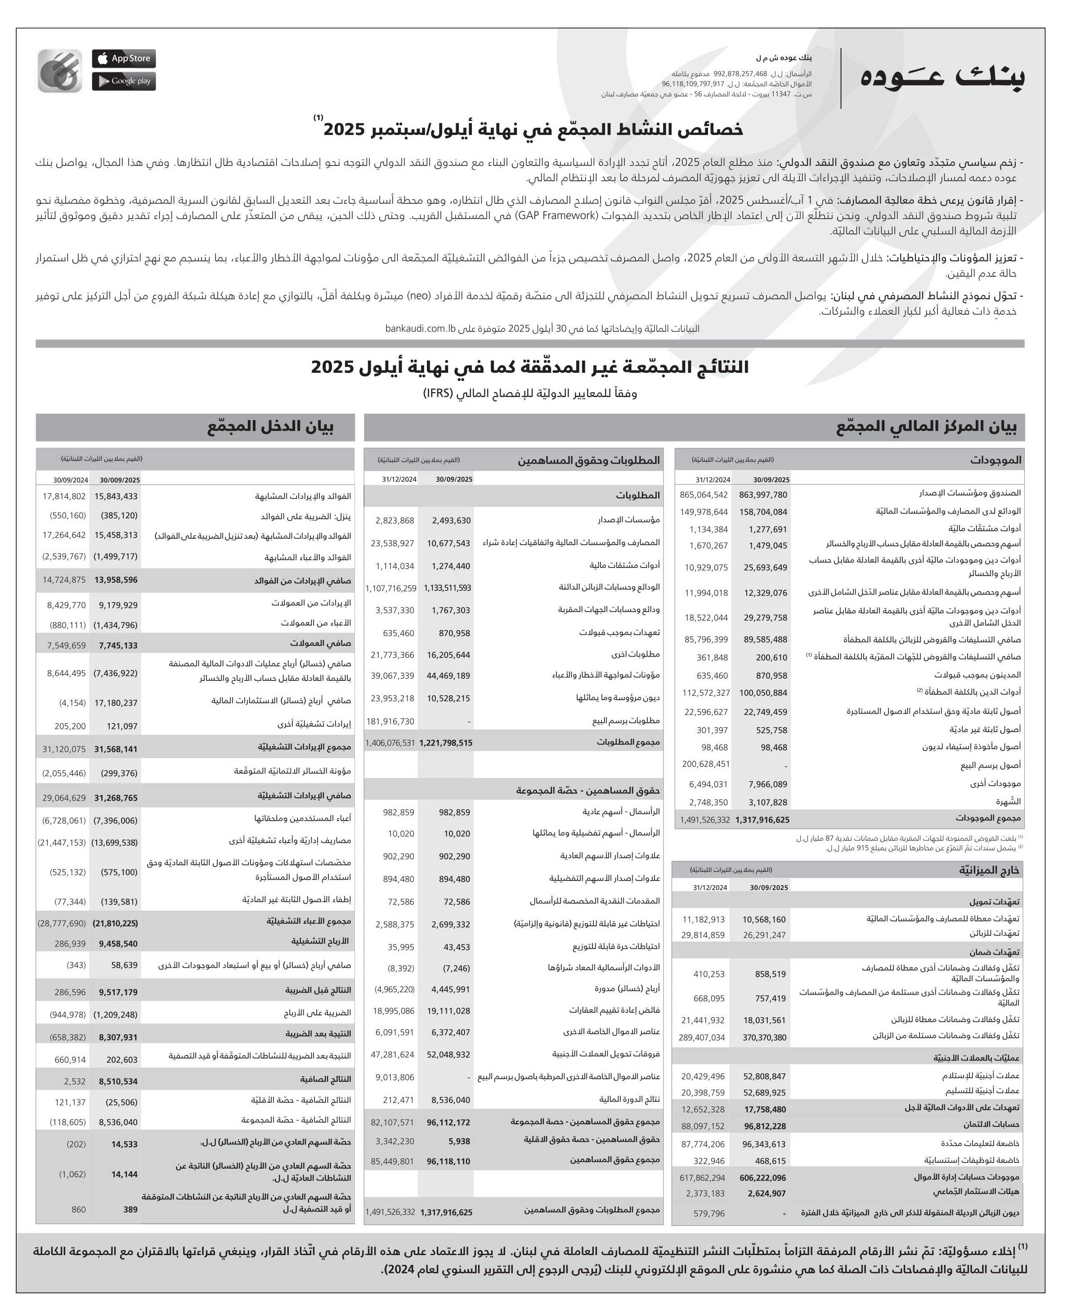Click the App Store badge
coord(124,58)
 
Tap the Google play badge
coord(124,81)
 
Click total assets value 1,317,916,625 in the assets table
coord(762,820)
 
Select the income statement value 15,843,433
coord(116,496)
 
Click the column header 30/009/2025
coord(120,479)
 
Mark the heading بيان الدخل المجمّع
coord(270,427)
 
